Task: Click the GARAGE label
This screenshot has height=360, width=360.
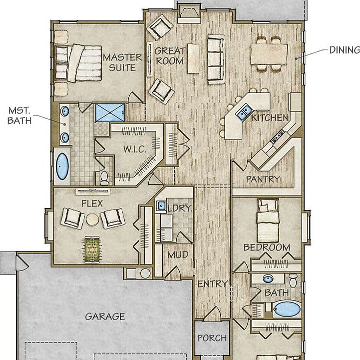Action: click(105, 316)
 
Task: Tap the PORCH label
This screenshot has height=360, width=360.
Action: click(212, 338)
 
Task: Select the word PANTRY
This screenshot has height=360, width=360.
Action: click(263, 179)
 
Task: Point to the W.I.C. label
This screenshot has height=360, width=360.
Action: click(135, 149)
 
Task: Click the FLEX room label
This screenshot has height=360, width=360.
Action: click(92, 203)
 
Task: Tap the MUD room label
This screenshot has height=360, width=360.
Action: click(178, 254)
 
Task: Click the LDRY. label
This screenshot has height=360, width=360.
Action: click(180, 208)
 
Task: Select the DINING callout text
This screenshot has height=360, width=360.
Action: click(345, 50)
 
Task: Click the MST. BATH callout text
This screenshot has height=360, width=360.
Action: click(19, 115)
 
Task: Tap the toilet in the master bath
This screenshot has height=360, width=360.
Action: click(104, 177)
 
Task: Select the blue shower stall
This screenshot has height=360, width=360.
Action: click(110, 112)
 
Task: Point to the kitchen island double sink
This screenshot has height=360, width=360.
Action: click(244, 111)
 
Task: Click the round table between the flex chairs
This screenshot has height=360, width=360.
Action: click(92, 220)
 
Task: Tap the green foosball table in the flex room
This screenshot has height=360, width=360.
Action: click(92, 249)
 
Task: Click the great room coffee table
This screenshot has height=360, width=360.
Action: click(193, 58)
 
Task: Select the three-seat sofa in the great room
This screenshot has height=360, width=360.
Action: click(216, 59)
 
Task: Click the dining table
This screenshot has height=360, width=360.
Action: click(269, 54)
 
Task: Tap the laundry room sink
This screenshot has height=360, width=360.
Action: click(161, 205)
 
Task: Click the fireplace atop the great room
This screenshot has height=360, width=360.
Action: click(189, 14)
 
